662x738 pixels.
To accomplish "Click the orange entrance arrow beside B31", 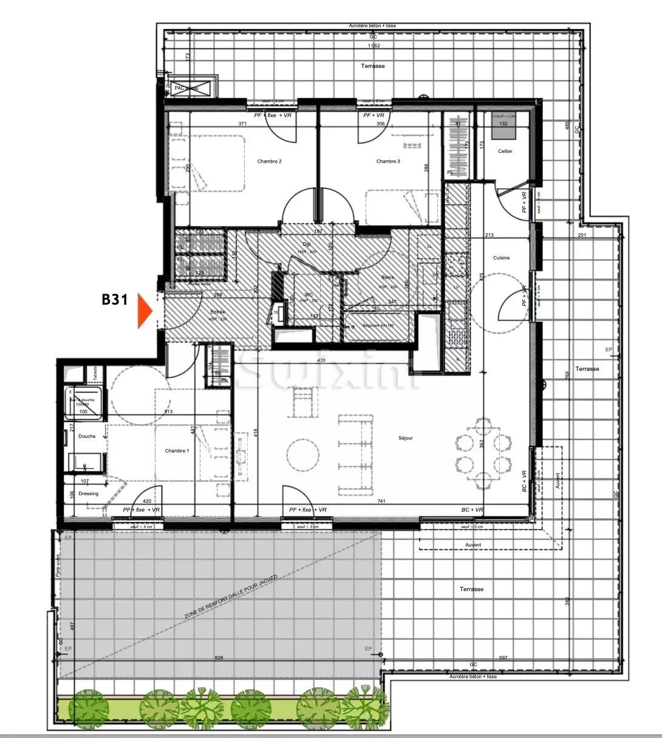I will click(144, 310).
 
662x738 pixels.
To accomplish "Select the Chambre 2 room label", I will click(269, 161).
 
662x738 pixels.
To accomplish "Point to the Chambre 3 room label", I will click(388, 161).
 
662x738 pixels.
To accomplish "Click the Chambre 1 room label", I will click(177, 451).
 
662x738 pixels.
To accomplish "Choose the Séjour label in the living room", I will click(406, 438).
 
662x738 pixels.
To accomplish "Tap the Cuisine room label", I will click(501, 258).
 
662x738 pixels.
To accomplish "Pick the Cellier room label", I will click(505, 151).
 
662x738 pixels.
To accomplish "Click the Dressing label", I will click(88, 493).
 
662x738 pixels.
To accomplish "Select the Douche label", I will click(87, 436).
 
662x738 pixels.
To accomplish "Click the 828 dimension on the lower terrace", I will click(219, 658).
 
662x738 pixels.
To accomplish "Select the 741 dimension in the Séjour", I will click(381, 501).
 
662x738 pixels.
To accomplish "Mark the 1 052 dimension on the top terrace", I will click(373, 46).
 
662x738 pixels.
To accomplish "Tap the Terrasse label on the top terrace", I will click(372, 66).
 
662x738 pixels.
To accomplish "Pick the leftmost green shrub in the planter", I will click(87, 706).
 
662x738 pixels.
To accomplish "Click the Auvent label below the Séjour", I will click(473, 545).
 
